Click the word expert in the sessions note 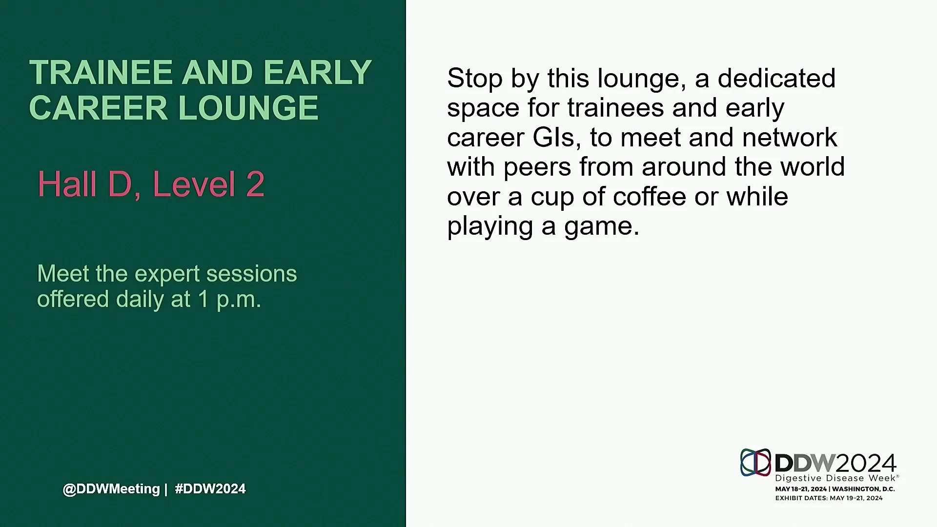tap(167, 274)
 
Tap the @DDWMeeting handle tap(111, 489)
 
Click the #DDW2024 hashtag tap(210, 488)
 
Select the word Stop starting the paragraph tap(475, 79)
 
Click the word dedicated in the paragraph tap(776, 78)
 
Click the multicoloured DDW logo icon tap(755, 462)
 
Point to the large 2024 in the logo tap(866, 463)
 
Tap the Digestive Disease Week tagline tap(836, 478)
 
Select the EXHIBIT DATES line tap(829, 498)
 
